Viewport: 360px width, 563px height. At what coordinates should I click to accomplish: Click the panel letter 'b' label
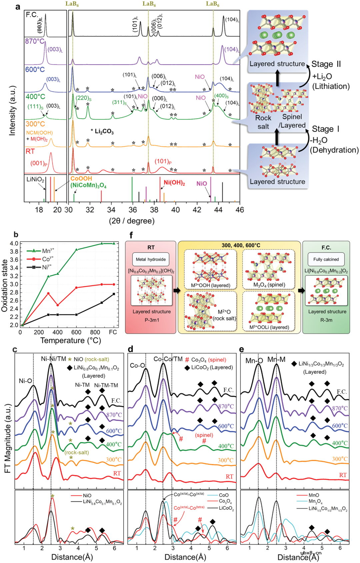pos(16,235)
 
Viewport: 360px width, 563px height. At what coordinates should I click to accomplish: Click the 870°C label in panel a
pos(35,41)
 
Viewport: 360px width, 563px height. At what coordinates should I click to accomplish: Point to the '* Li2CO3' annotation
pos(102,131)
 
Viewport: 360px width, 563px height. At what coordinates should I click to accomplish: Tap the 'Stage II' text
pos(326,64)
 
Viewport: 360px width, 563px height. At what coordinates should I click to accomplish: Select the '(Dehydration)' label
pos(334,150)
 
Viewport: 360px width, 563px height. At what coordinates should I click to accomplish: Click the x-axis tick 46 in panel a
pos(240,210)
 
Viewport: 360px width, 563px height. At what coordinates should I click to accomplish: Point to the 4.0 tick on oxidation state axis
pos(14,244)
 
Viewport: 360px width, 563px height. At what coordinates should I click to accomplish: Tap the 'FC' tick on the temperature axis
pos(113,332)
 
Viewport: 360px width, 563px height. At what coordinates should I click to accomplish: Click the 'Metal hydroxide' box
pos(151,259)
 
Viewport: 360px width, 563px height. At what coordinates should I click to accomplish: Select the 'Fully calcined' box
pos(326,259)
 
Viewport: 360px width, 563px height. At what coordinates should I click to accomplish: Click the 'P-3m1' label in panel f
pos(152,320)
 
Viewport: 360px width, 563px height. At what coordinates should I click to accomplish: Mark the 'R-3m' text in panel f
pos(327,320)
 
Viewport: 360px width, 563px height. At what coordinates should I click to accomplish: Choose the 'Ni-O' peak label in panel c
pos(25,381)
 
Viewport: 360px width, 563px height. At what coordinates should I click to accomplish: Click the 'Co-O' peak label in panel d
pos(137,365)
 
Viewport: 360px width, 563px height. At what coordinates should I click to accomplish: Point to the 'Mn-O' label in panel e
pos(254,360)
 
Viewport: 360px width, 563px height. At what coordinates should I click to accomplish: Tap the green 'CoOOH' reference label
pos(81,179)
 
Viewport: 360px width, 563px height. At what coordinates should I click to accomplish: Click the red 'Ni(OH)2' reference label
pos(174,183)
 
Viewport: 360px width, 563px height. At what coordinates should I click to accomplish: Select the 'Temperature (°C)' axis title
pos(71,340)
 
